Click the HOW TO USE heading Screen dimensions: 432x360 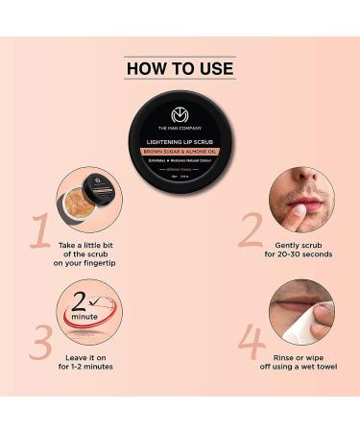click(180, 70)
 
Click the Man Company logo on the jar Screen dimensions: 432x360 click(179, 114)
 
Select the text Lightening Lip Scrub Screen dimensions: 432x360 click(179, 141)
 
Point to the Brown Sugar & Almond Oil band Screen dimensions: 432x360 click(179, 151)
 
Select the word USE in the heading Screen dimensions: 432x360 click(213, 70)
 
